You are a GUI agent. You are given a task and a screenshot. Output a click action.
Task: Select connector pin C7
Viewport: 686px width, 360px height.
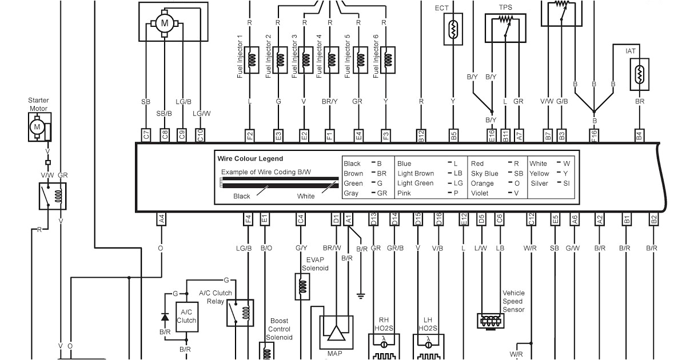[146, 135]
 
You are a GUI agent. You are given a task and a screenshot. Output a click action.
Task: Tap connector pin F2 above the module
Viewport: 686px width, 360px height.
[249, 135]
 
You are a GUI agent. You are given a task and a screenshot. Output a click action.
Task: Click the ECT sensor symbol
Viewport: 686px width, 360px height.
[453, 29]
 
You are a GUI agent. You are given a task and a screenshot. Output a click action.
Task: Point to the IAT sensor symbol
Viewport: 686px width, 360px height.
[639, 74]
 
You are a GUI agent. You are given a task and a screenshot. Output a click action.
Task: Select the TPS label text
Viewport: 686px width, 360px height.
[505, 7]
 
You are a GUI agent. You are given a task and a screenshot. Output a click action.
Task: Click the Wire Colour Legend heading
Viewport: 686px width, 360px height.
[250, 159]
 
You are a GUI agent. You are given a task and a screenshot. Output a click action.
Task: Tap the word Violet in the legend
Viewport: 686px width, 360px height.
[479, 193]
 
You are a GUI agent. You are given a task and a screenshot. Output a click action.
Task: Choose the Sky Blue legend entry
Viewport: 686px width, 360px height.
[484, 173]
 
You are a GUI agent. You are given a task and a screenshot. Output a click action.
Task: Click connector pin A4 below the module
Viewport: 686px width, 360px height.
[161, 218]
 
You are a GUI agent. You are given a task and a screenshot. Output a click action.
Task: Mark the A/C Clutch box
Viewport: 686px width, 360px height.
[186, 316]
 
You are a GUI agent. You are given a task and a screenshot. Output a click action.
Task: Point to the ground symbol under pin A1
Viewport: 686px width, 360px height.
[361, 295]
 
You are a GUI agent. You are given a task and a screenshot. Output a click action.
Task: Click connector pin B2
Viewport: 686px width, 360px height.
[653, 218]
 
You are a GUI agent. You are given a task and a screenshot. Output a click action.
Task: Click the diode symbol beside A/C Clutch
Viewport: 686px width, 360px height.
[166, 316]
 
